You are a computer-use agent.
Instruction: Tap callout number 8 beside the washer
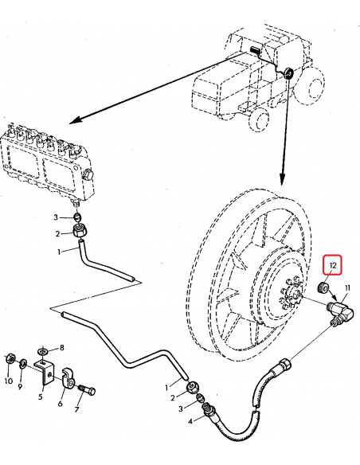62,348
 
